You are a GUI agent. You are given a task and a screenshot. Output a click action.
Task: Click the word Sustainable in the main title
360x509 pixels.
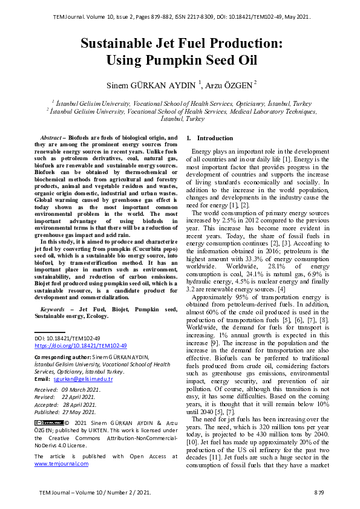tap(121, 44)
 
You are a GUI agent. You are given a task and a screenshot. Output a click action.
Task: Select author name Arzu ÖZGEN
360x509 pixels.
tap(232, 83)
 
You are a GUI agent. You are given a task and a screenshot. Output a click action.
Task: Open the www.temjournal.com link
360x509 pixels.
tap(61, 464)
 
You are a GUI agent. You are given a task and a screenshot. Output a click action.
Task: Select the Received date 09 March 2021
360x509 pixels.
tap(82, 391)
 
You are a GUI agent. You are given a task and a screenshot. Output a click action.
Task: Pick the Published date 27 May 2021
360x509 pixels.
tap(82, 411)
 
